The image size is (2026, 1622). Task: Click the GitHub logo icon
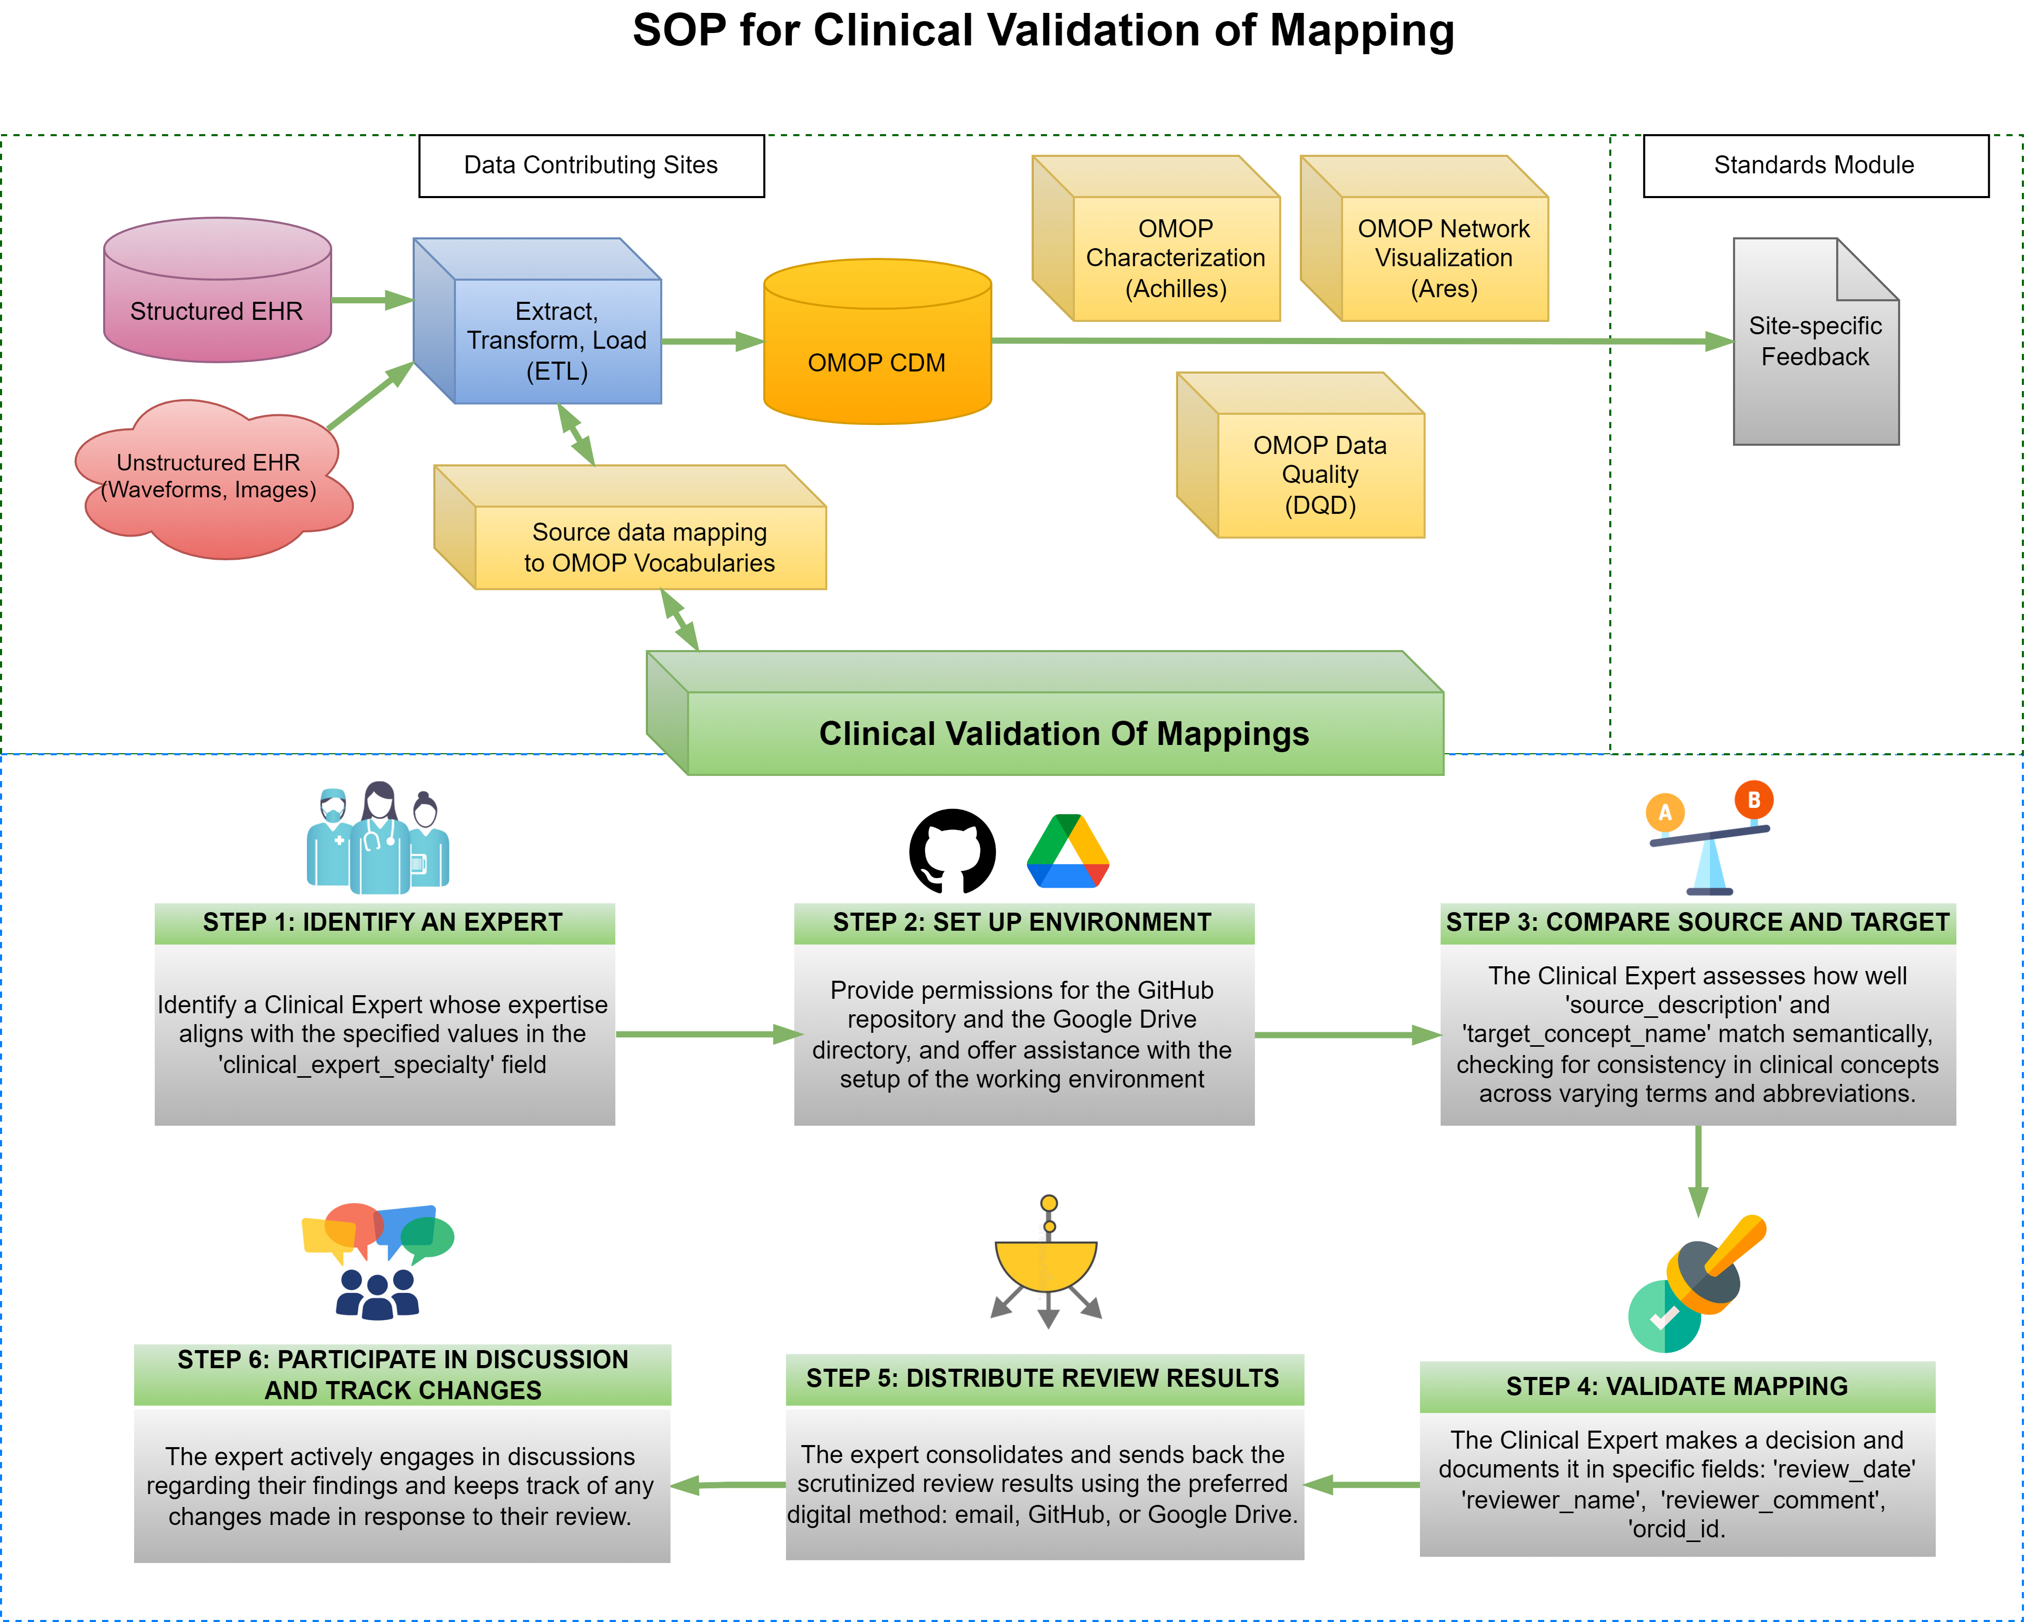(x=952, y=851)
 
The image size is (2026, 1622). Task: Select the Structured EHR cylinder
(x=217, y=291)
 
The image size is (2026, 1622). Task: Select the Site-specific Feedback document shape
(x=1816, y=343)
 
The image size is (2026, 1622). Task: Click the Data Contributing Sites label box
(x=591, y=166)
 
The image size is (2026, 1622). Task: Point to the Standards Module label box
(x=1815, y=166)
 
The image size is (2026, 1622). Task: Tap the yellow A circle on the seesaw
(x=1665, y=812)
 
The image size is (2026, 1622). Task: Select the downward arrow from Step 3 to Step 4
(x=1698, y=1170)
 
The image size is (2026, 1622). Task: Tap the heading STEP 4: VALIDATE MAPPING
(x=1676, y=1386)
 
